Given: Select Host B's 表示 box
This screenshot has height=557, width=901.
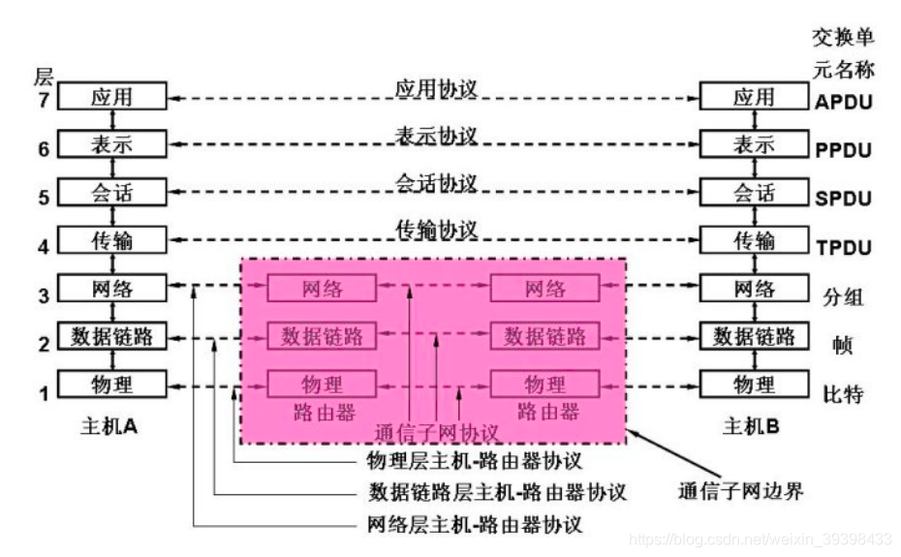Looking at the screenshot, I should [x=754, y=145].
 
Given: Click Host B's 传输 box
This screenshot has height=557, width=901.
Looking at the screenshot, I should [x=754, y=239].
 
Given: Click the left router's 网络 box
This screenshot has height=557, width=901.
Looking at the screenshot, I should [x=321, y=288].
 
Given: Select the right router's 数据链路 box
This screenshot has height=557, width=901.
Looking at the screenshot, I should [x=544, y=336].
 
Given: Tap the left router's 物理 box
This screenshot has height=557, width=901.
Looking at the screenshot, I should [x=321, y=384].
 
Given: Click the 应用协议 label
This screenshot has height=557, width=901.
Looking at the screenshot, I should [x=436, y=88].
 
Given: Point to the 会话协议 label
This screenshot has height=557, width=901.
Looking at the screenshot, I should [x=436, y=182].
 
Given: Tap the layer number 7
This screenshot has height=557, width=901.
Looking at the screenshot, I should [x=43, y=100].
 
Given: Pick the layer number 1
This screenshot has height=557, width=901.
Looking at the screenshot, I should [x=43, y=393].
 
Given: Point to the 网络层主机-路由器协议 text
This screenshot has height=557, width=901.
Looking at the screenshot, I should [x=475, y=526].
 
